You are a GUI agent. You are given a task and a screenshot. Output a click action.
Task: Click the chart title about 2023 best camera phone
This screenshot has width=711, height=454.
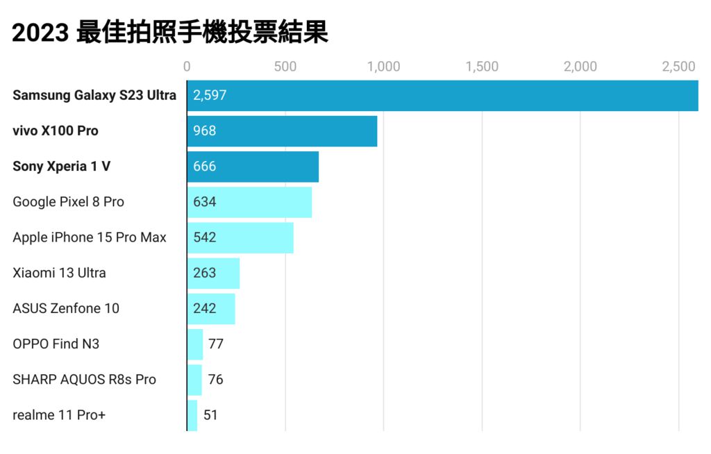point(169,32)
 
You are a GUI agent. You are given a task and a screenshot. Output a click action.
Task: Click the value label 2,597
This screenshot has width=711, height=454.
point(210,95)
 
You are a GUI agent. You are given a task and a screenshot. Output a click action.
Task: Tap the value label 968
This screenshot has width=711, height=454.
point(205,131)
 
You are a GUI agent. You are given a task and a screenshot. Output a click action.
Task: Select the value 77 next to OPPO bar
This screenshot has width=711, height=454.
point(215,344)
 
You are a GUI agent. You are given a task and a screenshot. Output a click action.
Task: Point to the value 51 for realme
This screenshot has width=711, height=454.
point(210,415)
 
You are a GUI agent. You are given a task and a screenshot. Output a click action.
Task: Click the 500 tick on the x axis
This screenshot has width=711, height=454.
point(285,67)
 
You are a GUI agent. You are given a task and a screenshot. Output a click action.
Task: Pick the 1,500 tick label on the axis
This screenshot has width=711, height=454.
point(482,67)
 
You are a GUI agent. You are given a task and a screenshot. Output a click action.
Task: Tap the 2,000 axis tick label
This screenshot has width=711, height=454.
point(580,67)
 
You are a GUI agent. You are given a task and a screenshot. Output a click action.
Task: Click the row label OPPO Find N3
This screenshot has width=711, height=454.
point(56,344)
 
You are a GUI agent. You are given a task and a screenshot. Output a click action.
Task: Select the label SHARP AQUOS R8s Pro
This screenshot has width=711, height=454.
point(84,380)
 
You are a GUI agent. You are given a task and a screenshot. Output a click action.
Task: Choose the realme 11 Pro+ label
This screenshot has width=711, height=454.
point(59,415)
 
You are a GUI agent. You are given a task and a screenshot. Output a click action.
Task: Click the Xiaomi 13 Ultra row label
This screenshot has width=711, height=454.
point(59,273)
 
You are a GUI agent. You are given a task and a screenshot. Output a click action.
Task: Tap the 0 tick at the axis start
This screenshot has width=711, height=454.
point(187,67)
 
